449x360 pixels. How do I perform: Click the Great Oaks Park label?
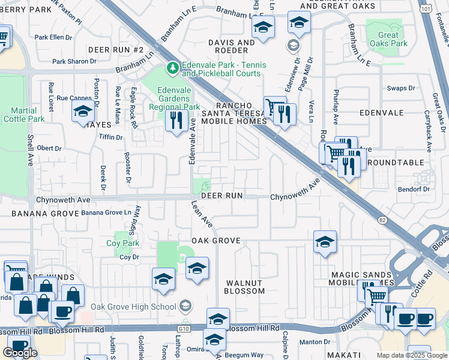pos(388,39)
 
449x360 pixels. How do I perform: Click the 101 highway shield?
pos(426,10)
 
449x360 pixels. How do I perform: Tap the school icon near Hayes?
pos(82,111)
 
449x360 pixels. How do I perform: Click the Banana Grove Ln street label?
pos(106,212)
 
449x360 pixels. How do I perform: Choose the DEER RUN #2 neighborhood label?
pos(116,49)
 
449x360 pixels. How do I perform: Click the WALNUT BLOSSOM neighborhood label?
pos(244,287)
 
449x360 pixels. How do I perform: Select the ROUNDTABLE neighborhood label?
pos(395,163)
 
